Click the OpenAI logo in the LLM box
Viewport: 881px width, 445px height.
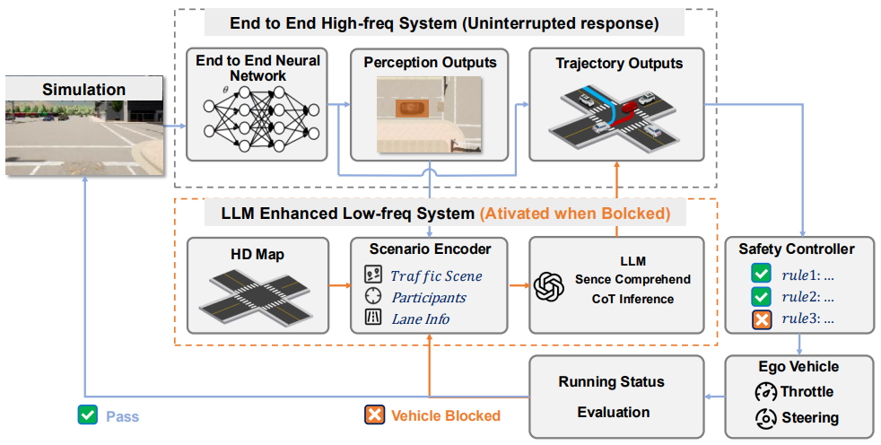coord(548,286)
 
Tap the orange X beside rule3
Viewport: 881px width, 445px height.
coord(762,319)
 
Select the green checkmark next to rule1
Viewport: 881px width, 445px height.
coord(762,275)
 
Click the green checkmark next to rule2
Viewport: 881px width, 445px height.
coord(762,297)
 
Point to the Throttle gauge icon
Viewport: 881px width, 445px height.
coord(766,392)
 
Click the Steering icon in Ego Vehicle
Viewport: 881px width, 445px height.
coord(766,418)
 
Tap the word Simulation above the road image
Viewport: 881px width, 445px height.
coord(83,90)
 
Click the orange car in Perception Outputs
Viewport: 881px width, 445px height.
coord(413,108)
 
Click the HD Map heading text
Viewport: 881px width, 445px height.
coord(257,255)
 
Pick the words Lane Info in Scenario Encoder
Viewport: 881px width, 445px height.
coord(421,319)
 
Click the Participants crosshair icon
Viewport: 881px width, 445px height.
coord(373,296)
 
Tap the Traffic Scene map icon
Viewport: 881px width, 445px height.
coord(373,275)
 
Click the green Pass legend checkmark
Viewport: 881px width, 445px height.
coord(88,415)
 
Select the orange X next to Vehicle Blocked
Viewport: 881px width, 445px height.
coord(374,415)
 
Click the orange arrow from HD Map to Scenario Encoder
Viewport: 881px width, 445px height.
coord(339,286)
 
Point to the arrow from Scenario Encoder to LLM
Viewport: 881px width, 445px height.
coord(519,286)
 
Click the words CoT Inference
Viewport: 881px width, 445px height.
coord(632,299)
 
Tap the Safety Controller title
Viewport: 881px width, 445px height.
coord(796,249)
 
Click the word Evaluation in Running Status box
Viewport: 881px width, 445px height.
coord(614,413)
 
